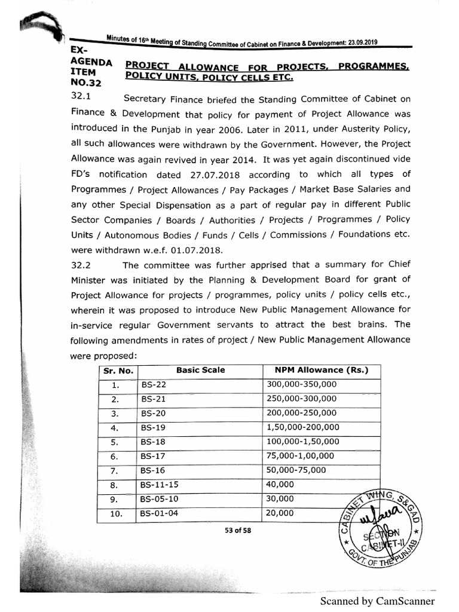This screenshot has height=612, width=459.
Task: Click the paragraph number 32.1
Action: [80, 96]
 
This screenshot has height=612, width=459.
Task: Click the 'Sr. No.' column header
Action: [117, 370]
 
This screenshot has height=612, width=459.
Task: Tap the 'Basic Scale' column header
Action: [200, 370]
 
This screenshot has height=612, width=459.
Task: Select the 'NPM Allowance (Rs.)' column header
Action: [321, 370]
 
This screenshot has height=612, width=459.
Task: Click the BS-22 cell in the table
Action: [153, 385]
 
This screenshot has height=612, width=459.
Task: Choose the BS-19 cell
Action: [153, 427]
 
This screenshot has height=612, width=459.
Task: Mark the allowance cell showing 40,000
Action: [280, 485]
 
